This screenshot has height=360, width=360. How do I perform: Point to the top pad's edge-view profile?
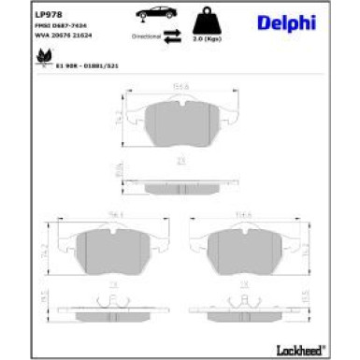click(180, 172)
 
